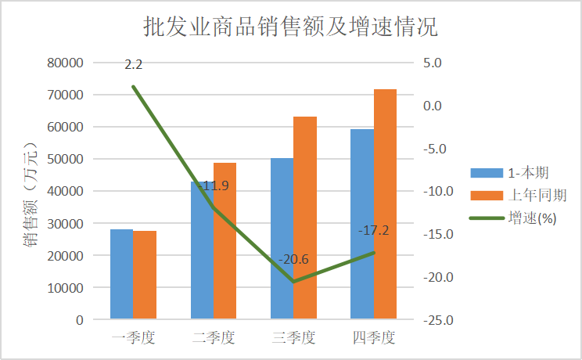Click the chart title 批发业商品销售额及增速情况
click(x=290, y=28)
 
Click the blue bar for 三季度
click(x=282, y=239)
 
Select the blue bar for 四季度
click(x=362, y=224)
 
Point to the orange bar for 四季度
click(x=385, y=204)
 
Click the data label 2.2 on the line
click(x=133, y=64)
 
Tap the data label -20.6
click(x=293, y=260)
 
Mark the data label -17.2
click(x=373, y=231)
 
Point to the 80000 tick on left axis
click(x=66, y=63)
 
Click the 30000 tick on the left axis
click(x=66, y=223)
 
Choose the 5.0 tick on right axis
click(x=433, y=63)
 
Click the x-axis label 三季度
click(x=293, y=338)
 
